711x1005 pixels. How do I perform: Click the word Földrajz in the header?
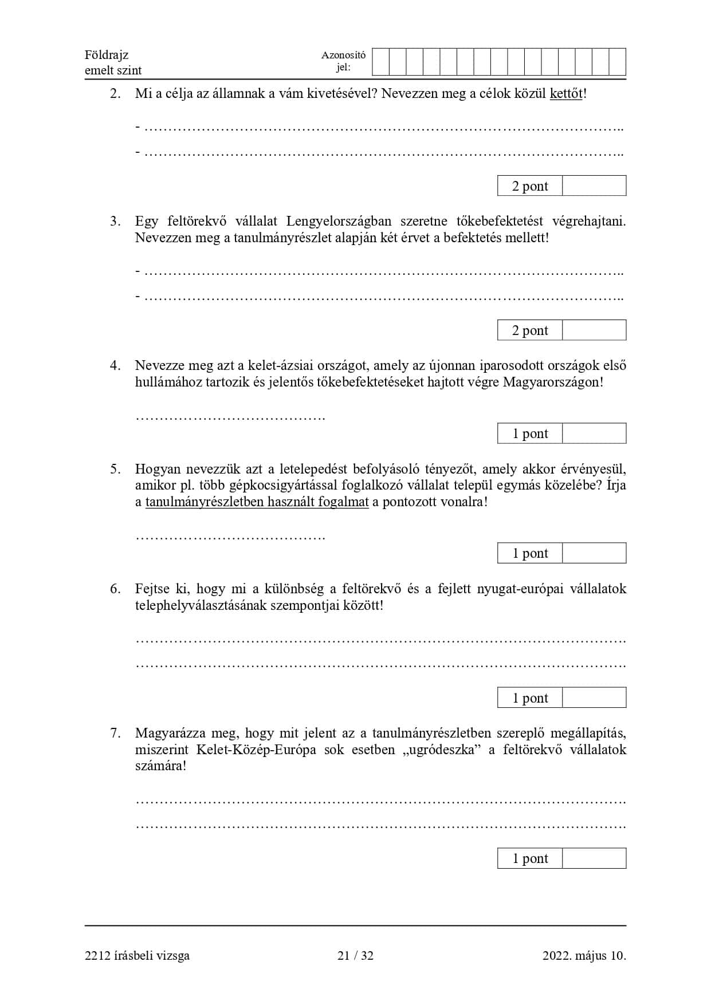click(107, 55)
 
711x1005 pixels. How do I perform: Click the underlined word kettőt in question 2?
click(565, 93)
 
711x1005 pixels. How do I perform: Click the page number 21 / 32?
click(355, 955)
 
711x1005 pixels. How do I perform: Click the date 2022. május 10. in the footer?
click(584, 955)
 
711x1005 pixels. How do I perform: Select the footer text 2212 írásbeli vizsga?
click(137, 955)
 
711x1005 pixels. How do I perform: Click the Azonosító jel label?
click(343, 61)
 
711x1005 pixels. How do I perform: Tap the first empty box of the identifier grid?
click(380, 62)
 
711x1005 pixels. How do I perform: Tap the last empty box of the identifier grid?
click(617, 62)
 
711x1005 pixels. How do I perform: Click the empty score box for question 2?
click(594, 186)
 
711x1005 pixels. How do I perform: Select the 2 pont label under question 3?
click(530, 330)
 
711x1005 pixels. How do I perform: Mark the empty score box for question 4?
click(594, 433)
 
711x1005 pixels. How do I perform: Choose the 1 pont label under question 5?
click(530, 553)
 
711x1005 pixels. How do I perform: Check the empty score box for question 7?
click(594, 858)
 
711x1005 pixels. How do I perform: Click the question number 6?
click(115, 589)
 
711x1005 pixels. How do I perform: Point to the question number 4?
click(115, 365)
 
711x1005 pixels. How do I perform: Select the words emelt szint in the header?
click(113, 70)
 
